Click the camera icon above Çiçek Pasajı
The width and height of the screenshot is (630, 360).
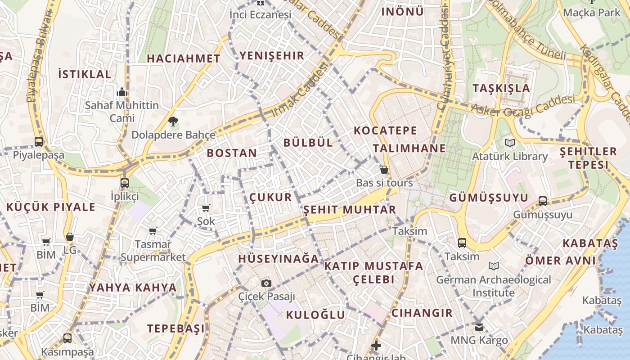266,283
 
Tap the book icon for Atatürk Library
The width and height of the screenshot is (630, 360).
509,143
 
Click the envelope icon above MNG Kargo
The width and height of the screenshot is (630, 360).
479,327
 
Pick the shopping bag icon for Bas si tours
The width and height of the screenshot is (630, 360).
384,170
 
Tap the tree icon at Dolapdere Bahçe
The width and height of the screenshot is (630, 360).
173,121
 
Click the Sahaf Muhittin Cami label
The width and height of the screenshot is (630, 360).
122,112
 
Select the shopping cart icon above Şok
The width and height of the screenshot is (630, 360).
206,208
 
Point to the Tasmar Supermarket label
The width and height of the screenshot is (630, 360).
153,251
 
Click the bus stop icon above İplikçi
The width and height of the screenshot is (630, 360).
125,183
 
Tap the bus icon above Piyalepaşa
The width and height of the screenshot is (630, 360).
39,141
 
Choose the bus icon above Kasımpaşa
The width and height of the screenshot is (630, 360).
67,338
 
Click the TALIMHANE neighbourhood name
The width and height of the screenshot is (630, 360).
409,148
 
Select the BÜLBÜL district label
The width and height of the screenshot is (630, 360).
308,143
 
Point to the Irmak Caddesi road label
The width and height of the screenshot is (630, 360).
300,90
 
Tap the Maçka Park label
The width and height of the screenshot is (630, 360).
591,12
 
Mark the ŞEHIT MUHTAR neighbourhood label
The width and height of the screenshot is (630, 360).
350,210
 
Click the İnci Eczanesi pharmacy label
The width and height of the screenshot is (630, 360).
260,14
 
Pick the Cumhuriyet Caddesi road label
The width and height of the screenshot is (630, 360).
444,58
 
